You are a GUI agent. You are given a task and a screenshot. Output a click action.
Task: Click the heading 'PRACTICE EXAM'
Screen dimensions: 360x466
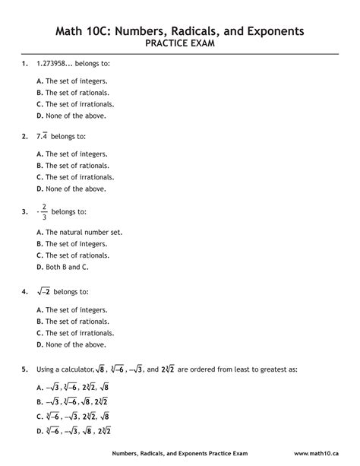180,44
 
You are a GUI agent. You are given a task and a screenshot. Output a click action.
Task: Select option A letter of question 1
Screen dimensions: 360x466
39,80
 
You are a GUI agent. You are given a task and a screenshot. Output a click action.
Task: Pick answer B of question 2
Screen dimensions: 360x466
39,165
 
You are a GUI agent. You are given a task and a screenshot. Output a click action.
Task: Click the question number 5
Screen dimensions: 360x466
25,369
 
